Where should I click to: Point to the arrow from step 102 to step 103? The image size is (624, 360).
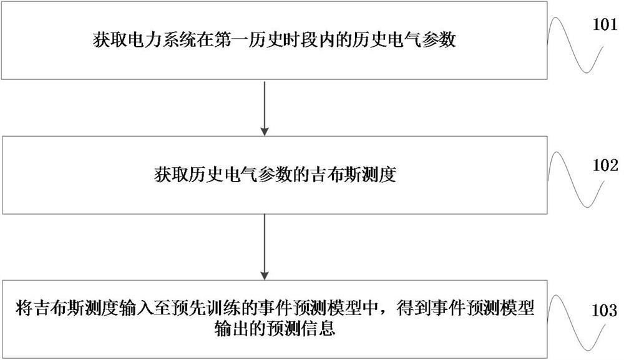(x=265, y=246)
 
